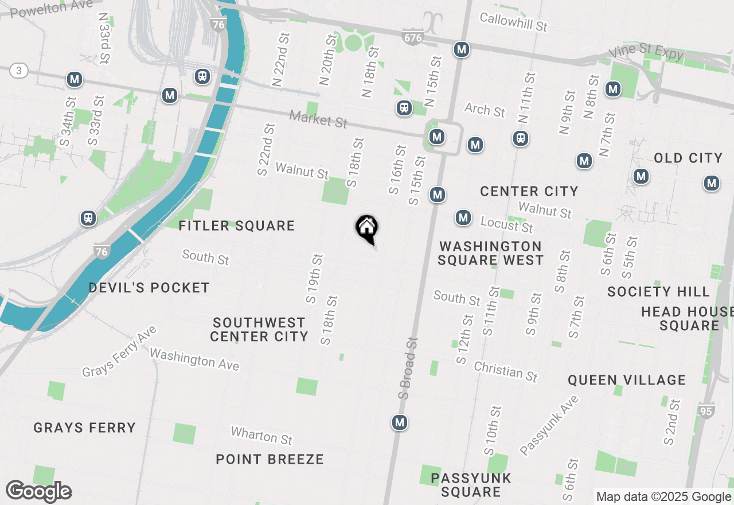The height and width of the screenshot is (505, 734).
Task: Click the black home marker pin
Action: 367,228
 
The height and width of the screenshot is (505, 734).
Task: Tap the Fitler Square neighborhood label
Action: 236,226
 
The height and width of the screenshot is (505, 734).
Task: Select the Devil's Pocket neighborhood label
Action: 149,288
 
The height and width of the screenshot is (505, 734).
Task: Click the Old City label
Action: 688,158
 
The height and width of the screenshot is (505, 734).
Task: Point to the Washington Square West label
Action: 490,253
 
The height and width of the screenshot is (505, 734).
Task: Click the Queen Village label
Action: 627,380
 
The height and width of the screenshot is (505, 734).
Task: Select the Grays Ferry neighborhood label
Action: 84,428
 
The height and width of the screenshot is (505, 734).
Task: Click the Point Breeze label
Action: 270,459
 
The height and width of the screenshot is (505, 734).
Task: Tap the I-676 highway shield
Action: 412,37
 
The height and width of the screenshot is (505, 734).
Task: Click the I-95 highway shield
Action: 706,411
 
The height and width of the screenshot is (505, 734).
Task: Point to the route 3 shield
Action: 19,71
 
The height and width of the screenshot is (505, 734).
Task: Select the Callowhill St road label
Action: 513,22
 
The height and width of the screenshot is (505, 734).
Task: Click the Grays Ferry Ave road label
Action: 119,352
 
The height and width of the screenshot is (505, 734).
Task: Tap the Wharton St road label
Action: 261,436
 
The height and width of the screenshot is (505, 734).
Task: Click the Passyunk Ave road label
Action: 549,426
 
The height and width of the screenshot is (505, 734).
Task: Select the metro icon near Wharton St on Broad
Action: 400,423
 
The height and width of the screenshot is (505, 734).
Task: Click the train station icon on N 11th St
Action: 520,138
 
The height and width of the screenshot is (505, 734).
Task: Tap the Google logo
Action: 38,492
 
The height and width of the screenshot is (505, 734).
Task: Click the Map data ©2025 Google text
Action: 663,497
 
